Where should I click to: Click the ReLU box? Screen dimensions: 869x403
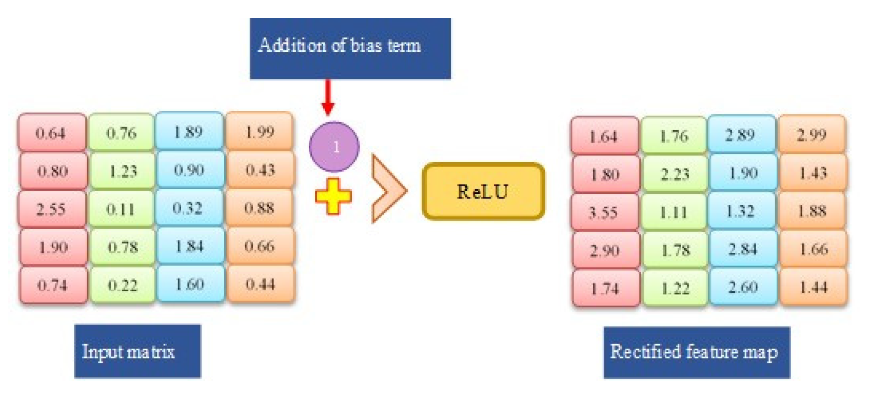pyautogui.click(x=483, y=191)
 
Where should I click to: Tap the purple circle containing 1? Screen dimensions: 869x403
pyautogui.click(x=334, y=147)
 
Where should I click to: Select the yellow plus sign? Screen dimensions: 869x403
pyautogui.click(x=333, y=196)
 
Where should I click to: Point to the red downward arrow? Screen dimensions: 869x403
pyautogui.click(x=328, y=97)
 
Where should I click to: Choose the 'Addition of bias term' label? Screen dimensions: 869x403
pyautogui.click(x=350, y=48)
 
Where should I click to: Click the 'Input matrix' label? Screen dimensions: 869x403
pyautogui.click(x=137, y=351)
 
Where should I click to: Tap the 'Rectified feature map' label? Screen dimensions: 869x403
pyautogui.click(x=696, y=352)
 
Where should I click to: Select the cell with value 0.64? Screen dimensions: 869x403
pyautogui.click(x=51, y=133)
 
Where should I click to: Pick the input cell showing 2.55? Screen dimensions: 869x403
pyautogui.click(x=51, y=209)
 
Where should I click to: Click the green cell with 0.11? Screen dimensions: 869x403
pyautogui.click(x=121, y=209)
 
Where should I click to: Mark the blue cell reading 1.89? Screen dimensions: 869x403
pyautogui.click(x=189, y=132)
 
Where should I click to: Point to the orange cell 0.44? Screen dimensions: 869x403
pyautogui.click(x=260, y=284)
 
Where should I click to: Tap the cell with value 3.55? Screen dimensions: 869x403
pyautogui.click(x=604, y=212)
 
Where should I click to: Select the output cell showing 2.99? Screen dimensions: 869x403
pyautogui.click(x=812, y=135)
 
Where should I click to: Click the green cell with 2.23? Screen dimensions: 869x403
pyautogui.click(x=675, y=174)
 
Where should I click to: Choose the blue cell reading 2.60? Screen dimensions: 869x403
pyautogui.click(x=742, y=287)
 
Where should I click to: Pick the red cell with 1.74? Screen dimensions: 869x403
pyautogui.click(x=605, y=288)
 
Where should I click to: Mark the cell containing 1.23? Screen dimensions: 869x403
pyautogui.click(x=122, y=170)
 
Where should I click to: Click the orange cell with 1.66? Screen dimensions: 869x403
pyautogui.click(x=813, y=249)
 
